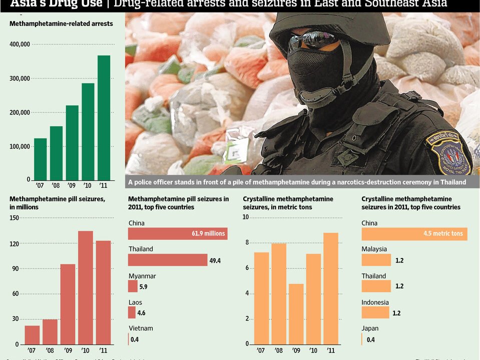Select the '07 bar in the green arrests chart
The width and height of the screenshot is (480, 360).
41,158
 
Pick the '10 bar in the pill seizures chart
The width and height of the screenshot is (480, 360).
86,287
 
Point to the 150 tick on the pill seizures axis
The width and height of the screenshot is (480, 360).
14,218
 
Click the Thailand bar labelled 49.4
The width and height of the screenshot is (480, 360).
168,260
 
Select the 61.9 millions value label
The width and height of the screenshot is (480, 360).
209,233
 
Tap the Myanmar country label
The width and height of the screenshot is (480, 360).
142,276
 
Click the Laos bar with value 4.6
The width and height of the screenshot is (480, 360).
132,312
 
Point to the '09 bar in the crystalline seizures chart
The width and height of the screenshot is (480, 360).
296,314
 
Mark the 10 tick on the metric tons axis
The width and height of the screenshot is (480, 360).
246,217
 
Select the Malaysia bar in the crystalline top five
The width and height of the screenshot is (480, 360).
376,260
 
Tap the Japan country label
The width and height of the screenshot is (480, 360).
370,328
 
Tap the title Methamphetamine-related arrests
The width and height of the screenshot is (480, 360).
61,23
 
